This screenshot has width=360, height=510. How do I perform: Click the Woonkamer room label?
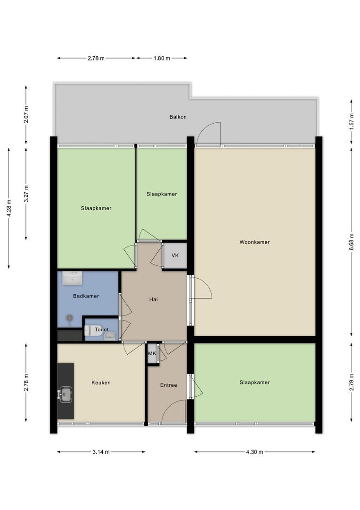254,242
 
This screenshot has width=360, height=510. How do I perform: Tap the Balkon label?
178,117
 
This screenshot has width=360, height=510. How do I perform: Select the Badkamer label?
86,296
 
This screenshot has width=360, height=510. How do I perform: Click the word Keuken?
101,382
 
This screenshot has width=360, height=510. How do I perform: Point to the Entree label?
169,385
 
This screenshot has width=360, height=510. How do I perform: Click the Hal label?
154,299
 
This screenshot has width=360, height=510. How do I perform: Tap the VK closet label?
175,255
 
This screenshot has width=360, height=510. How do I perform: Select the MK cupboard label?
152,354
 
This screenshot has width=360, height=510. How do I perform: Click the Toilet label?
102,330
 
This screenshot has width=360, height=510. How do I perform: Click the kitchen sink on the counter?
65,394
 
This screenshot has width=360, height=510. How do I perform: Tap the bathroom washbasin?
72,278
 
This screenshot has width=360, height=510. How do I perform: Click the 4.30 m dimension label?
254,452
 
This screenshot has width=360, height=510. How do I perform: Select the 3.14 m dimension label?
101,452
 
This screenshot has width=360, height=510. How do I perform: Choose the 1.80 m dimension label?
162,59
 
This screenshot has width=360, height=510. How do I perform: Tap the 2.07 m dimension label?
26,114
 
